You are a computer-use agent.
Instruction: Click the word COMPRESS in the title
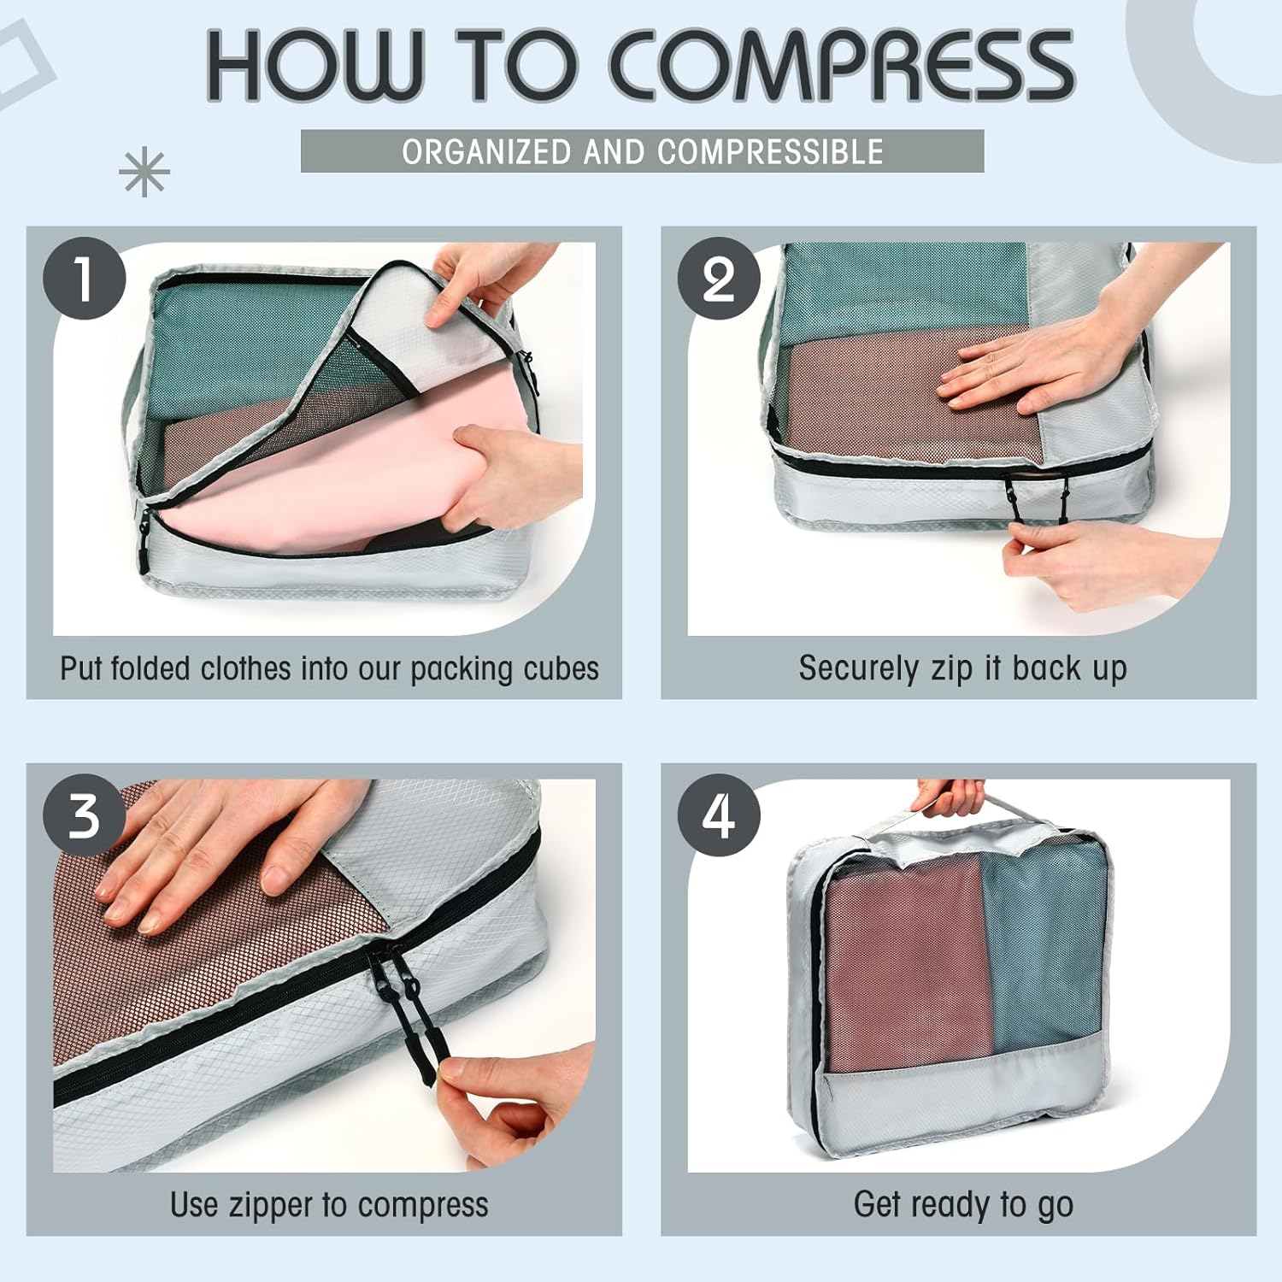pyautogui.click(x=841, y=65)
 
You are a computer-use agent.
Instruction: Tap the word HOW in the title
pyautogui.click(x=315, y=65)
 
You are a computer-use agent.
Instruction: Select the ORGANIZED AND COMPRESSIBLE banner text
pyautogui.click(x=643, y=151)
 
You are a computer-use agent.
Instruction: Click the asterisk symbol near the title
pyautogui.click(x=144, y=172)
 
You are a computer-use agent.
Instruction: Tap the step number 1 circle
pyautogui.click(x=85, y=279)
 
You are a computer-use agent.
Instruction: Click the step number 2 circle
pyautogui.click(x=719, y=279)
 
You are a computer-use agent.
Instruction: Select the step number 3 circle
pyautogui.click(x=85, y=815)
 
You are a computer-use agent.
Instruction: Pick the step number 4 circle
pyautogui.click(x=719, y=815)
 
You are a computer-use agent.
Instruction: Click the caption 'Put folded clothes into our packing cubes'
pyautogui.click(x=329, y=668)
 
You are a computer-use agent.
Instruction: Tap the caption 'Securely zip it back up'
pyautogui.click(x=962, y=668)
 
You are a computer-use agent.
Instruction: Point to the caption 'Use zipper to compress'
pyautogui.click(x=329, y=1205)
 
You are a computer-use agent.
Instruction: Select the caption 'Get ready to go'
pyautogui.click(x=963, y=1205)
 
